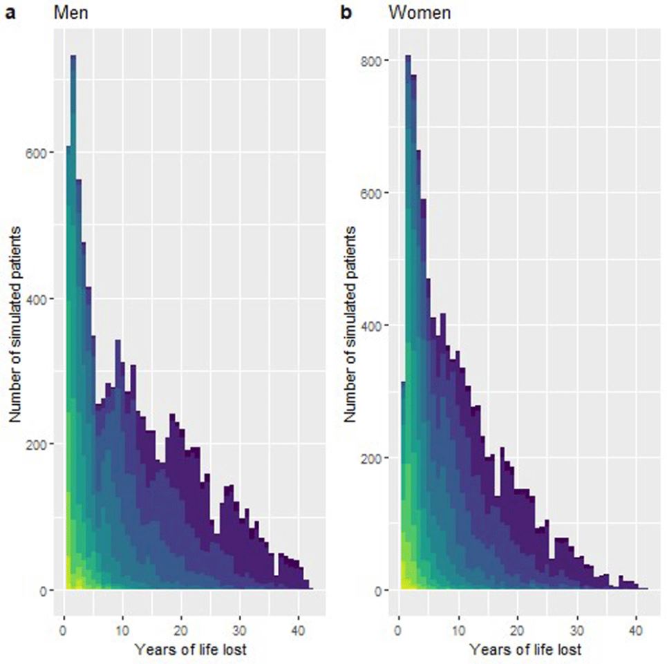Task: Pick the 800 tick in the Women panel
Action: pos(376,60)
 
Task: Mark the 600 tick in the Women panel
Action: pos(376,193)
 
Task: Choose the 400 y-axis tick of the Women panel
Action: pos(376,325)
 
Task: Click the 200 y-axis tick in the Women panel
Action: pos(376,458)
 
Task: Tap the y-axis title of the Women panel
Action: pos(353,325)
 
